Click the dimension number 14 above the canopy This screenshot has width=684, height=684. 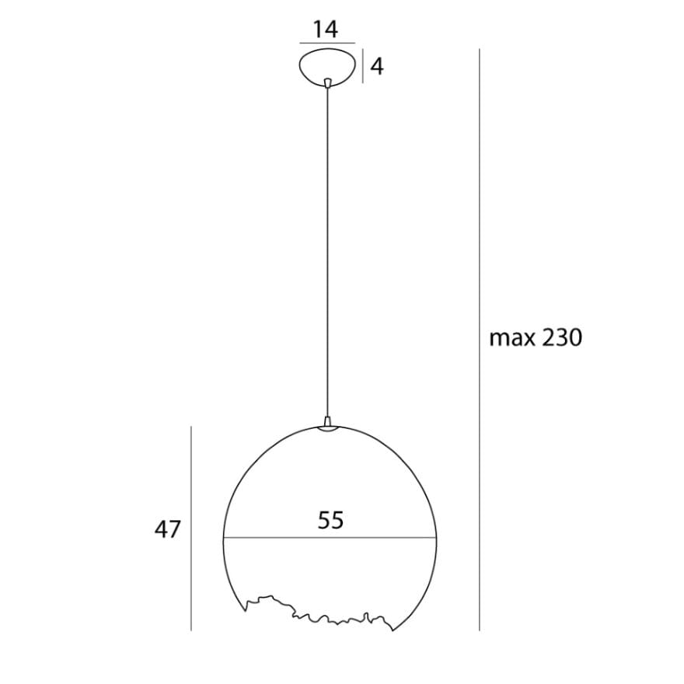(326, 30)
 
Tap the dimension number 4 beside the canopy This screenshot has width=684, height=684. (377, 67)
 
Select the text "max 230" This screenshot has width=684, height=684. (536, 337)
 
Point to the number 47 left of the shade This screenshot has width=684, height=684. (167, 530)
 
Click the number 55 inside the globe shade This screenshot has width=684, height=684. (330, 520)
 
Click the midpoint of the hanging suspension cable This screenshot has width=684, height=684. (328, 253)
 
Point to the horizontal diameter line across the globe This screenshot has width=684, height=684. (272, 538)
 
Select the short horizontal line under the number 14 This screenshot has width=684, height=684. (327, 43)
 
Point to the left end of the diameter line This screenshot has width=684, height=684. (225, 538)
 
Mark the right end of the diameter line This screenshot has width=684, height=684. (437, 538)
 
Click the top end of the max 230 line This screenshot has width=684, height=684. (479, 50)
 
